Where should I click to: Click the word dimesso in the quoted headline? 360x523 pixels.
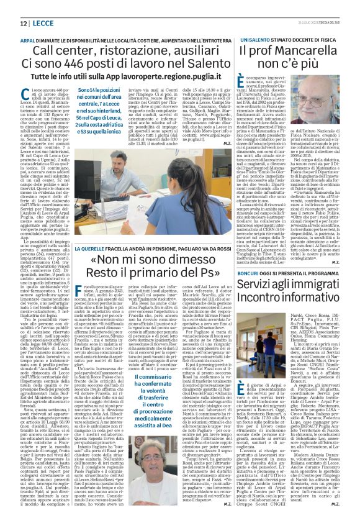click(x=181, y=260)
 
